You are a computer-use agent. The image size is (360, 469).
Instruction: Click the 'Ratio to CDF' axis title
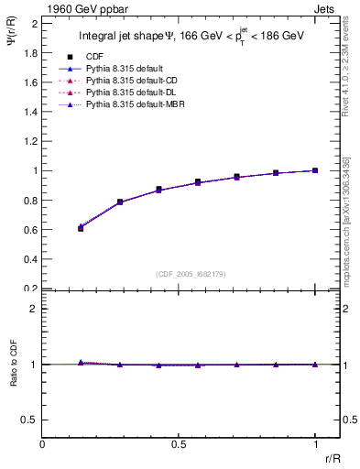(12, 378)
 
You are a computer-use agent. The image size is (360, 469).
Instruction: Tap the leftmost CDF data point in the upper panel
(81, 228)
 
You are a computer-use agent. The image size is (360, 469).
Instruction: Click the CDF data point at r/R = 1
(315, 170)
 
